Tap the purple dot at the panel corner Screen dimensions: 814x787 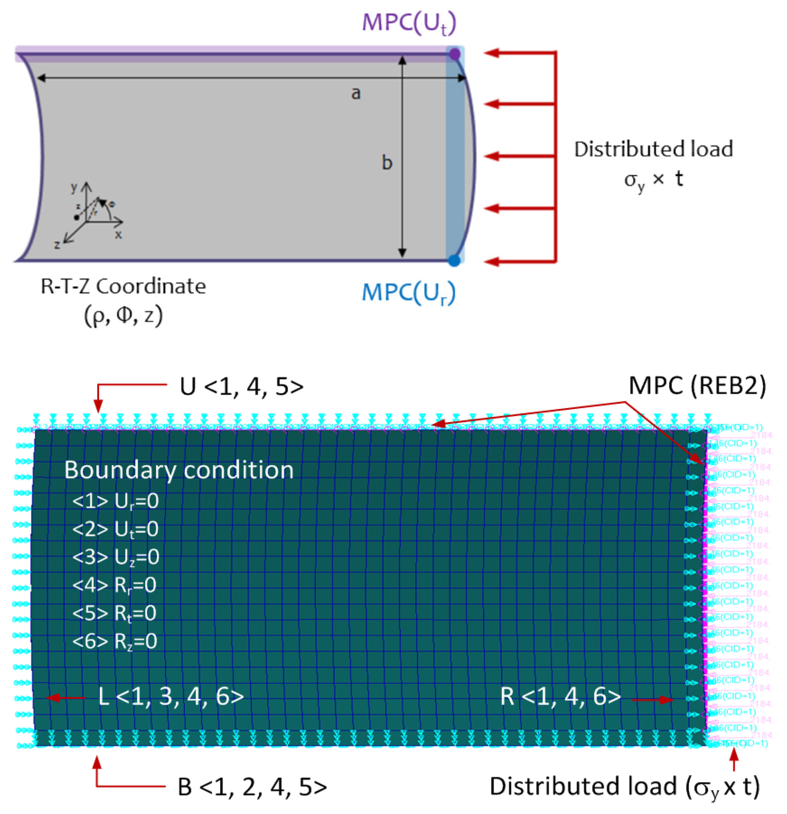[455, 54]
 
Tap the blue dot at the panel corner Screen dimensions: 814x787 [455, 261]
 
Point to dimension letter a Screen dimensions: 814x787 [356, 93]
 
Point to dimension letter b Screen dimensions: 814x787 [387, 163]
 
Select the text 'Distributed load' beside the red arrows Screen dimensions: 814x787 [653, 150]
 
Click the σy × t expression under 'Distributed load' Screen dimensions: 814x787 [653, 180]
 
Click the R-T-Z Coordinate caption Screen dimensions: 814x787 [123, 286]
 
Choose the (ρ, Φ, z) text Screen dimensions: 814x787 [123, 317]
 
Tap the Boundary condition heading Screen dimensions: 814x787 [179, 470]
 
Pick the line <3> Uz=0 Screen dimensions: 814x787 [116, 557]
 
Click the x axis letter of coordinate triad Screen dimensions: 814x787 [118, 235]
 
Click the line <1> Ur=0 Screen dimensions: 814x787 [115, 501]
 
